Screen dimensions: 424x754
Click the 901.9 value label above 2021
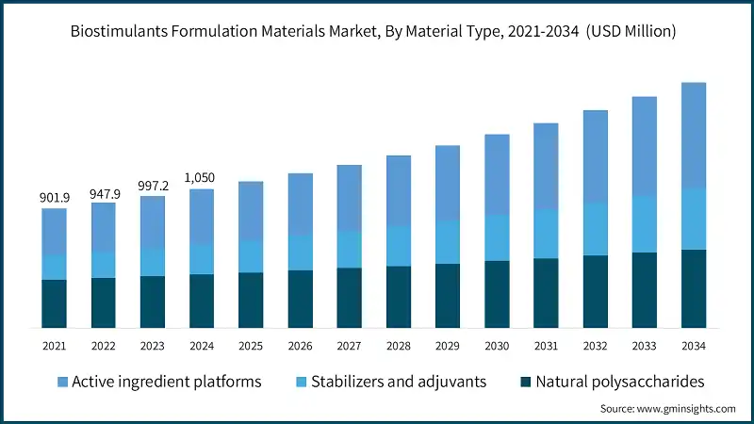[54, 198]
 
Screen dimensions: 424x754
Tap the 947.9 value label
[104, 194]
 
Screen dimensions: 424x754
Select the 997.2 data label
[153, 188]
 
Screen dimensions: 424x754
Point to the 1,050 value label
[202, 178]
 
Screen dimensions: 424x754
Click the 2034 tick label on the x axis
[694, 347]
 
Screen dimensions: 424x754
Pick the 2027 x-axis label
[349, 347]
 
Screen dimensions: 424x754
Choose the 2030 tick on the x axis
[497, 347]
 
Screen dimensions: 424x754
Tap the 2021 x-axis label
[54, 347]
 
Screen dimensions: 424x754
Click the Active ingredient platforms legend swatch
[62, 382]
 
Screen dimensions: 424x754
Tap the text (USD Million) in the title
[631, 31]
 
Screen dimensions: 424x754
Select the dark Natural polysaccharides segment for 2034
[694, 288]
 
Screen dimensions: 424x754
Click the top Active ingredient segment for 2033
[645, 146]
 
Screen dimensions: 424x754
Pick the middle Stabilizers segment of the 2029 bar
[448, 242]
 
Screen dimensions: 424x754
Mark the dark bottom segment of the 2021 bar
[54, 303]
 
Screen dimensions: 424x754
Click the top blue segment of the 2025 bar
[251, 210]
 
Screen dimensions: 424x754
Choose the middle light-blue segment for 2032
[596, 229]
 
